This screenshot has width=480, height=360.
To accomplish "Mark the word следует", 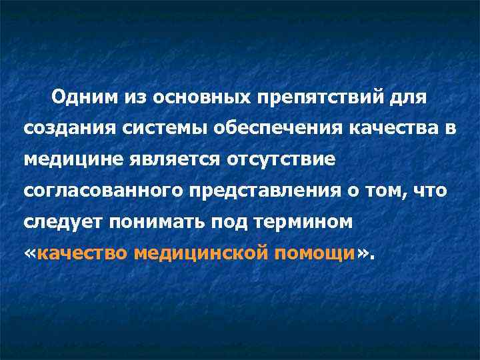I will click(x=59, y=222).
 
